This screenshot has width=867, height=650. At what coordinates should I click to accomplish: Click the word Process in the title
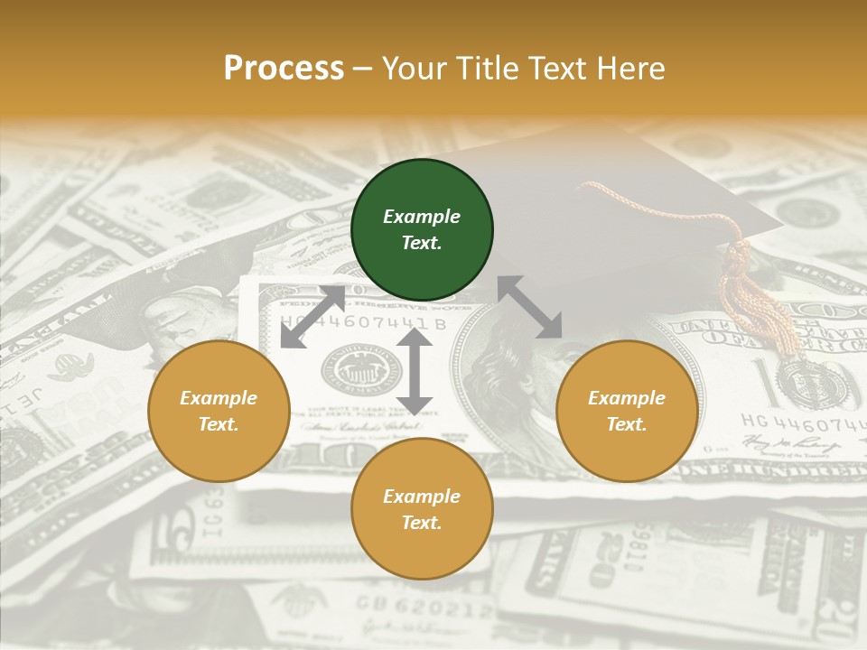(x=284, y=69)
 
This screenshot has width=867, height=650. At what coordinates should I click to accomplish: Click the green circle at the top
(x=422, y=229)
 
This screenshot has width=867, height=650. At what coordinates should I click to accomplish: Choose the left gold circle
(x=219, y=411)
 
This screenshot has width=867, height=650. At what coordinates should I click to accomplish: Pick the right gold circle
(x=627, y=411)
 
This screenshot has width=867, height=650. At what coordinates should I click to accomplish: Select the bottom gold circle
(x=422, y=509)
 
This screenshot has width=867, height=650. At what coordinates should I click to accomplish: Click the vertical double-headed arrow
(x=415, y=371)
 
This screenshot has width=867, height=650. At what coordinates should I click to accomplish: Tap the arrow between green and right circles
(x=530, y=307)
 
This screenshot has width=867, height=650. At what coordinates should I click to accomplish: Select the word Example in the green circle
(x=422, y=217)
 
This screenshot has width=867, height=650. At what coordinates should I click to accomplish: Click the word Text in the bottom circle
(x=422, y=523)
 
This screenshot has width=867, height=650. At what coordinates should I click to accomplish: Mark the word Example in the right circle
(x=627, y=398)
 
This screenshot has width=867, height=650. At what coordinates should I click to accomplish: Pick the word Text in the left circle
(x=219, y=424)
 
